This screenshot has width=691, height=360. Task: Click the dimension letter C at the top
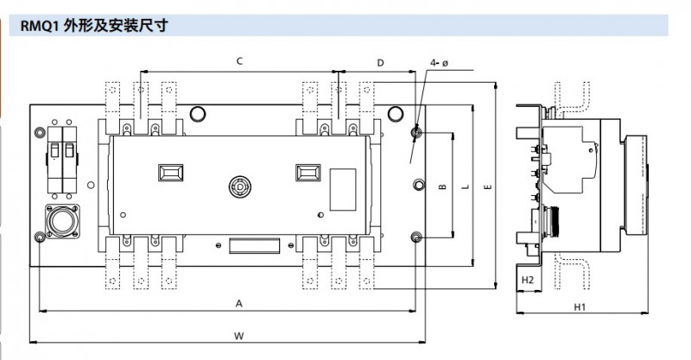[x=238, y=61]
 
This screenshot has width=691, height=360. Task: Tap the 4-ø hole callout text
[x=439, y=63]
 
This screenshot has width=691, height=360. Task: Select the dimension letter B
[x=441, y=186]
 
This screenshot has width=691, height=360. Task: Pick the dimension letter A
[x=238, y=302]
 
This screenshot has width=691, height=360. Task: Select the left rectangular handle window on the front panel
[x=169, y=172]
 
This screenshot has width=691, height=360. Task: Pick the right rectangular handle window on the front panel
[x=307, y=172]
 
